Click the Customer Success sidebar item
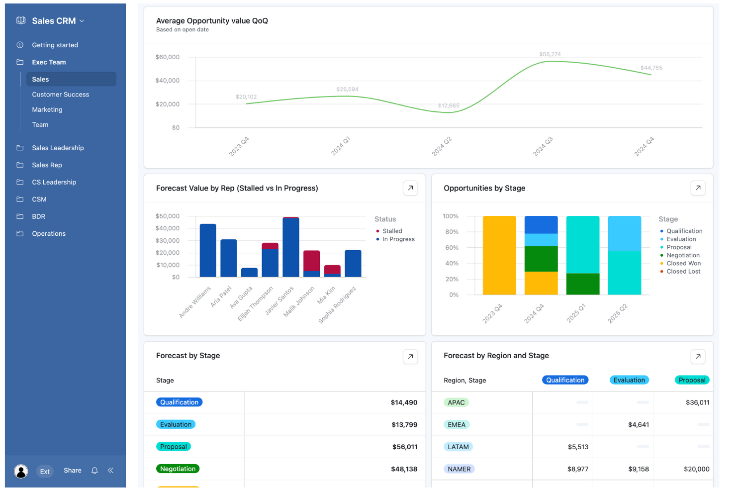pos(60,95)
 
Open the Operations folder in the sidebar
pos(48,234)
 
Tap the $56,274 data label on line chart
pos(550,54)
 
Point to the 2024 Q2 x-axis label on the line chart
pos(441,147)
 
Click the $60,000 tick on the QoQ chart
pos(167,57)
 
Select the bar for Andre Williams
pos(208,250)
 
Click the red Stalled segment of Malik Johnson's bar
pos(311,261)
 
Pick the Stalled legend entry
pos(392,231)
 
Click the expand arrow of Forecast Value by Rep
pos(410,188)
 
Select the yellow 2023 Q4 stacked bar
pos(499,255)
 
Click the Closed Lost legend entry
pos(683,272)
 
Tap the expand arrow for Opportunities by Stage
pos(698,188)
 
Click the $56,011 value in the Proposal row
pos(404,447)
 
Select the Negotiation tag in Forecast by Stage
pos(178,469)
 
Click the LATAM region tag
pos(458,447)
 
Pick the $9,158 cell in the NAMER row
pos(638,469)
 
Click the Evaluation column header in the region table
pos(629,380)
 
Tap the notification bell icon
pos(94,471)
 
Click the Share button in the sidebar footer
pos(73,471)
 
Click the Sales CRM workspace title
pos(54,21)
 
